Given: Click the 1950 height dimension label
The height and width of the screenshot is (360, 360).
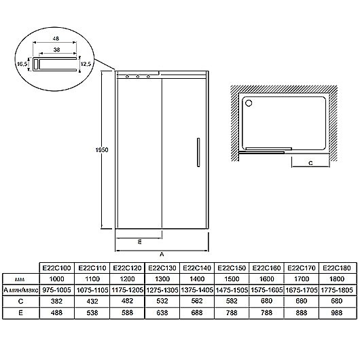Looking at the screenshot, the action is click(x=102, y=150).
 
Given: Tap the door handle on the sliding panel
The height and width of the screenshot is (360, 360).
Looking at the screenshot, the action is click(x=198, y=152).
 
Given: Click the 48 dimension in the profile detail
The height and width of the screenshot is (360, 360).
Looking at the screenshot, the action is click(x=56, y=39).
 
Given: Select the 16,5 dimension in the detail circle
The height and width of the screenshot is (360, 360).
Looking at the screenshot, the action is click(x=22, y=64).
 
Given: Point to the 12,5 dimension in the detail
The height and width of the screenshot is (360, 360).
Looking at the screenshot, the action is click(x=86, y=64).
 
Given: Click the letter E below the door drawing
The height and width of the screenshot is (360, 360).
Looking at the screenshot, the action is click(x=139, y=242).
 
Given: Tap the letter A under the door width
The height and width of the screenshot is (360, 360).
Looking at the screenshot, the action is click(x=162, y=254).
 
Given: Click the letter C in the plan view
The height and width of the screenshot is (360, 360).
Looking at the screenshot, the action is click(x=310, y=163).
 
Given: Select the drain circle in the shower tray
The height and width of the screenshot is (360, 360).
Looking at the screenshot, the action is click(x=249, y=103).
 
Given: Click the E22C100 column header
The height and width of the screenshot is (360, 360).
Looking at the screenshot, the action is click(x=56, y=268).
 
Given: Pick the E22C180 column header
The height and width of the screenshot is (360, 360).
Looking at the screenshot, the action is click(x=337, y=268).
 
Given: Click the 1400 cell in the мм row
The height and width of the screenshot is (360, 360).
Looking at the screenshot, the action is click(x=197, y=279).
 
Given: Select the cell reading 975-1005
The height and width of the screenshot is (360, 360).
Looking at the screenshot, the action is click(x=56, y=290).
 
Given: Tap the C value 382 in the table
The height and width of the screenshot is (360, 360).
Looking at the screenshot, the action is click(x=56, y=301).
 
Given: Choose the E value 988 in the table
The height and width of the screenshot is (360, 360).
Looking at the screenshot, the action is click(x=337, y=312).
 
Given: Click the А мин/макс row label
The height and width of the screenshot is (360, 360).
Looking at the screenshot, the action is click(x=20, y=290).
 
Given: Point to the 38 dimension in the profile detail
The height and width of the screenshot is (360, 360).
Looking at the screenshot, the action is click(x=56, y=50).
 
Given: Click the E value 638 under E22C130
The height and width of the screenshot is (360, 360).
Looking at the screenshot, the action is click(x=162, y=312).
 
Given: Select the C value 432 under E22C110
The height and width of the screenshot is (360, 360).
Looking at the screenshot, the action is click(x=92, y=301).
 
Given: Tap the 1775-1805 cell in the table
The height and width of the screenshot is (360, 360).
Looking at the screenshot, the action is click(x=337, y=290).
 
